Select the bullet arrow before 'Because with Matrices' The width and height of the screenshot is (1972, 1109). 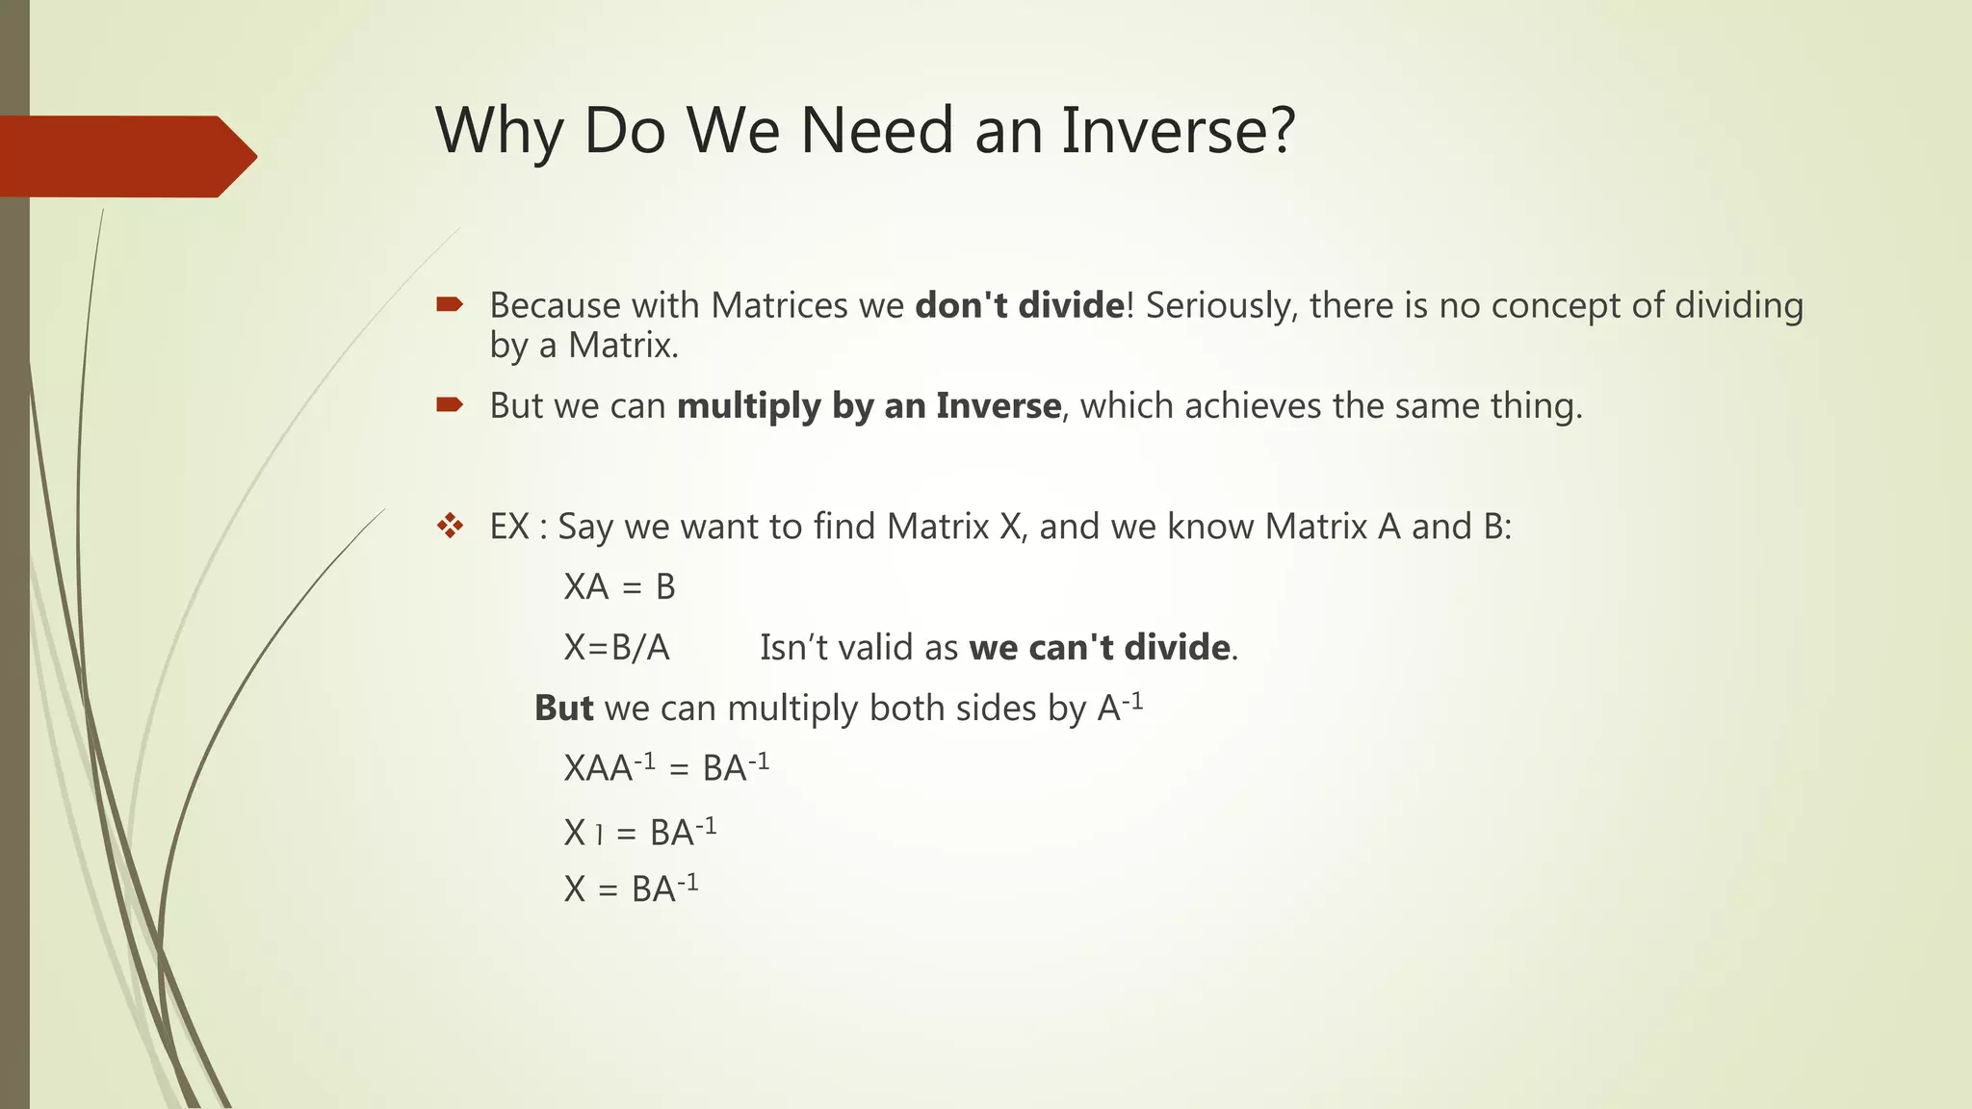[450, 305]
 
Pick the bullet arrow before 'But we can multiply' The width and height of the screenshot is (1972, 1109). [450, 405]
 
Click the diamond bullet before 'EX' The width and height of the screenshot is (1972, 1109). [450, 526]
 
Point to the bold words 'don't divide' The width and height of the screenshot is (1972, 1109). [1019, 305]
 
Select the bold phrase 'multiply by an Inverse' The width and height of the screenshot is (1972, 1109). [869, 405]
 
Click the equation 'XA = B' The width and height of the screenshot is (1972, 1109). [619, 586]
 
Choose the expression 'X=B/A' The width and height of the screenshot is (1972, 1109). [616, 647]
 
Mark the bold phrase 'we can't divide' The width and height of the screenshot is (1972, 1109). [1100, 647]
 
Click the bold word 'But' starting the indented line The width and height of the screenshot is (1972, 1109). [564, 708]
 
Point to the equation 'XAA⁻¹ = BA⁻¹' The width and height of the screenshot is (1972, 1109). [666, 767]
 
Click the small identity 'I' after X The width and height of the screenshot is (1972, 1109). [599, 834]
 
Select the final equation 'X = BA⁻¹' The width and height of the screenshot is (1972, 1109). [631, 888]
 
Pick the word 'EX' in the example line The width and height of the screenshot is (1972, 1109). [509, 526]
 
